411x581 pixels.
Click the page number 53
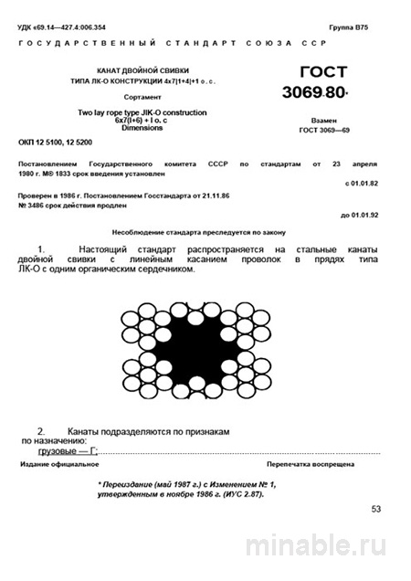click(378, 509)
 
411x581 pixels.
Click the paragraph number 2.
click(41, 429)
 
